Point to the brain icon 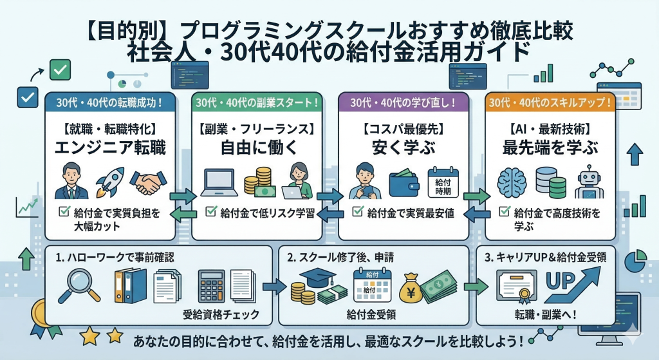(x=512, y=182)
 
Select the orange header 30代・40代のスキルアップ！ (x=550, y=102)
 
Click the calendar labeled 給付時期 (x=442, y=183)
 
